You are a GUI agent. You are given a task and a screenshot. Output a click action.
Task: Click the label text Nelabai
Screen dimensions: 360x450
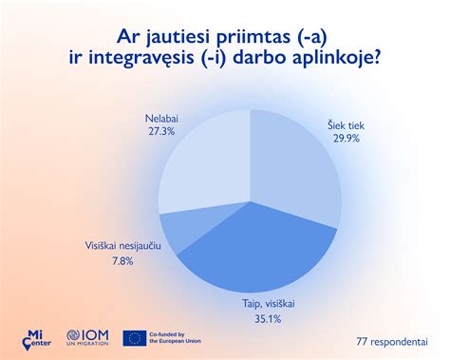click(161, 118)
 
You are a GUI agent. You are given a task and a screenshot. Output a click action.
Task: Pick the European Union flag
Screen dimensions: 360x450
click(135, 337)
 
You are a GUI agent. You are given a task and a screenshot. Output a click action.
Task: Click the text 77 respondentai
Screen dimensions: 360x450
click(391, 341)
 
